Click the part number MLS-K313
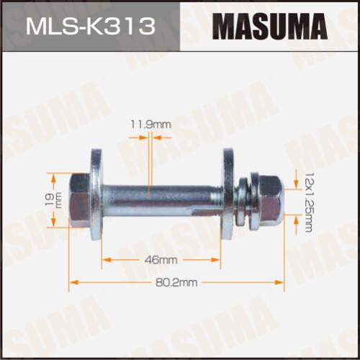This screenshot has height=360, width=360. [x=91, y=27]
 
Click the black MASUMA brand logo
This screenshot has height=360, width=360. [x=270, y=27]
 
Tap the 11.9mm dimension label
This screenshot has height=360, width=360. [x=151, y=125]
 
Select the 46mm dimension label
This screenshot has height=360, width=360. [x=161, y=260]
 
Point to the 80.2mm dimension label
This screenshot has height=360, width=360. [x=176, y=282]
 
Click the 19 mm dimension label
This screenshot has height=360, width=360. [x=53, y=199]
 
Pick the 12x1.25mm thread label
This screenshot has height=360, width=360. [x=309, y=202]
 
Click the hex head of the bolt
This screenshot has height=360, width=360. [x=80, y=200]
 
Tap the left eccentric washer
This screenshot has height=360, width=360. [x=96, y=194]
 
